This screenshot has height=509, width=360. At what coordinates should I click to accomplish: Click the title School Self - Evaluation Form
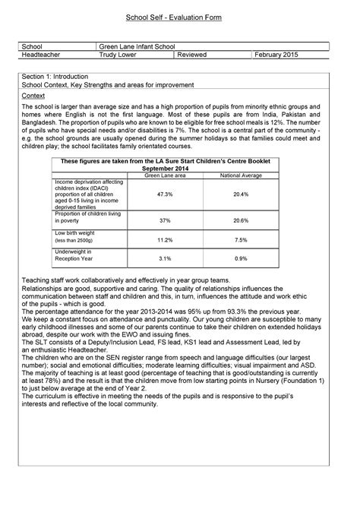(179, 17)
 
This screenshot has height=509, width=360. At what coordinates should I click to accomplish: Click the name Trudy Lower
(123, 55)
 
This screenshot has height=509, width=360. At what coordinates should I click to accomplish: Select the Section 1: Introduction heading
(56, 77)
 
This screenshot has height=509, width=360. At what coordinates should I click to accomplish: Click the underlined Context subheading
(33, 96)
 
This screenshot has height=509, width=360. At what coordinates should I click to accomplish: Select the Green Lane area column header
(164, 175)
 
